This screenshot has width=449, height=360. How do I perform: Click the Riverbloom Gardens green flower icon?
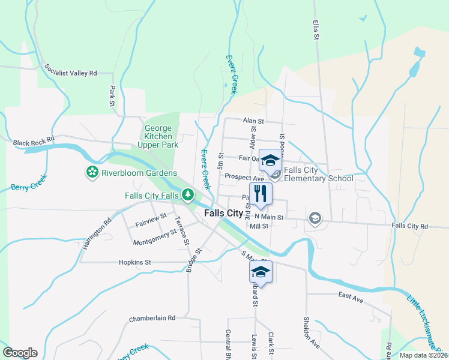coord(92,173)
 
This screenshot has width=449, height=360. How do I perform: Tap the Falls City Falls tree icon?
coord(188,195)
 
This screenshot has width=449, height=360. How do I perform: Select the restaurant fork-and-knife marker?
coord(261,193)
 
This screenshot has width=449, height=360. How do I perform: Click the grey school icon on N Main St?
coord(315,218)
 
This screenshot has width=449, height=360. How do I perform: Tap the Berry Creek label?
coord(28,187)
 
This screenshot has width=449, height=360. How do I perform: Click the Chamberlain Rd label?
coord(152,318)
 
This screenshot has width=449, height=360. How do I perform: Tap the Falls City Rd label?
coord(410,226)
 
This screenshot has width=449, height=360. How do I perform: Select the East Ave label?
coord(351,296)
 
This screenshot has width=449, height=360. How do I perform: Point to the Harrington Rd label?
coord(98,234)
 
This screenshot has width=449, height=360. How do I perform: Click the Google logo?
coord(20,353)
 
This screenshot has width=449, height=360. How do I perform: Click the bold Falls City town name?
coord(223,214)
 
